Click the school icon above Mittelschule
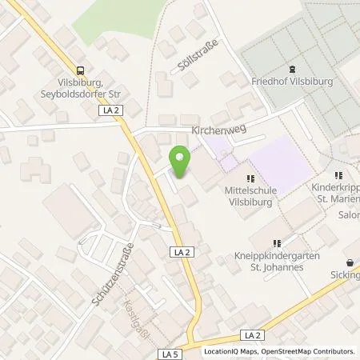pos(250,178)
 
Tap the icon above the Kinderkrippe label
pos(339,175)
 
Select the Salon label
pos(346,215)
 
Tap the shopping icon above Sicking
pos(349,262)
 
